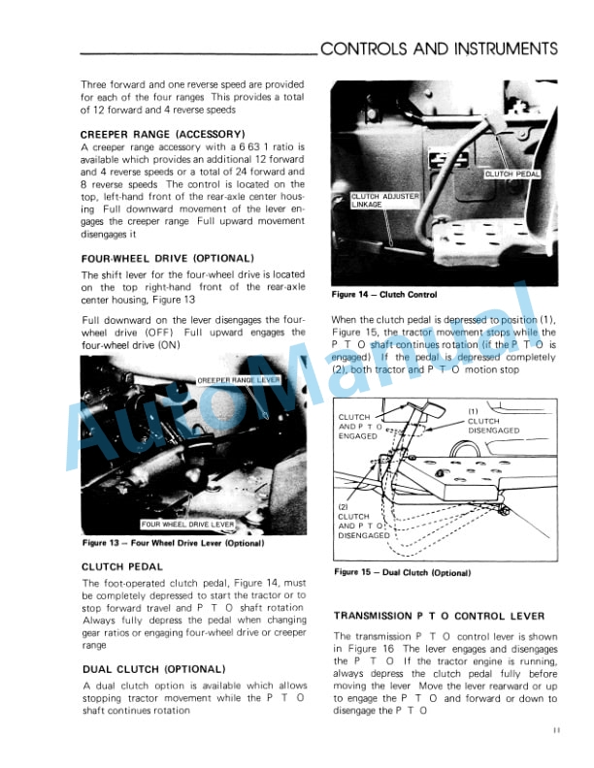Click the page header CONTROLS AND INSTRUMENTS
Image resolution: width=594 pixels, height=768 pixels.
pos(439,49)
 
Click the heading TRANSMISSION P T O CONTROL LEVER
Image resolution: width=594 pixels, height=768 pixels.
pos(439,616)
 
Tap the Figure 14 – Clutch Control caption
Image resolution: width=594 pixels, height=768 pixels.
pos(383,295)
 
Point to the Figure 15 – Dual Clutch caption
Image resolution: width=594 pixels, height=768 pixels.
pos(402,572)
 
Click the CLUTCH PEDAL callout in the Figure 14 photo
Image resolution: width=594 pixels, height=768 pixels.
pos(511,175)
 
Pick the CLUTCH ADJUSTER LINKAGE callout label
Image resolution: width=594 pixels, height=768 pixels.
pos(384,201)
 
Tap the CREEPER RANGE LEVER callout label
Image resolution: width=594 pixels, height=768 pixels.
pos(238,380)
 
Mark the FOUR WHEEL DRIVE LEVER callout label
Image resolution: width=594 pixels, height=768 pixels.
pos(187,524)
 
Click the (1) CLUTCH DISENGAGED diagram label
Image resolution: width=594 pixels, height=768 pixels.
pos(493,420)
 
